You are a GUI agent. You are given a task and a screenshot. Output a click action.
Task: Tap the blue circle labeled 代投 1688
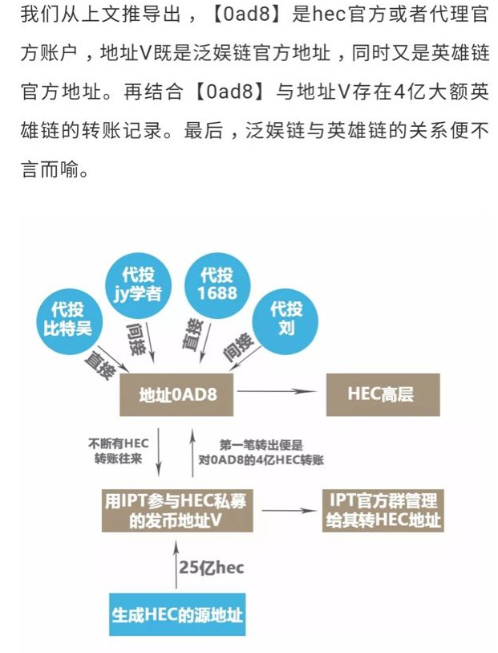217,283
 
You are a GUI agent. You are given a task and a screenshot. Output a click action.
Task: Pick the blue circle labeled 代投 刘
285,319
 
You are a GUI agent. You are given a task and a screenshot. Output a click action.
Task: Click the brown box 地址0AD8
176,394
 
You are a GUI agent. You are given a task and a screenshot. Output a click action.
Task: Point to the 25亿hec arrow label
211,568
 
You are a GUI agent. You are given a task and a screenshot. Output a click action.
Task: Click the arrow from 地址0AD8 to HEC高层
273,392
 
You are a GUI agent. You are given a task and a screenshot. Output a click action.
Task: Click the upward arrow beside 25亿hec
176,566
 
